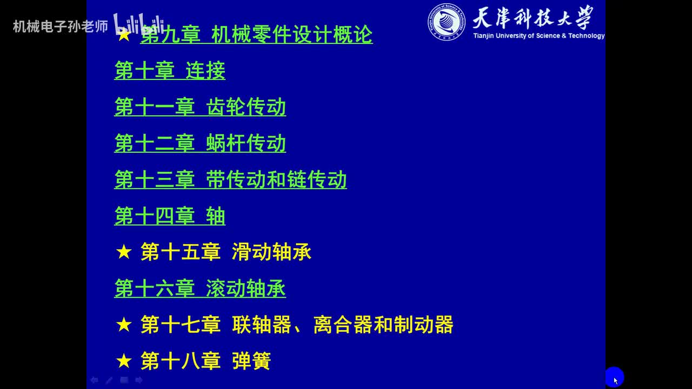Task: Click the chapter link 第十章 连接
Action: point(170,71)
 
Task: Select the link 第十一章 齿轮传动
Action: point(200,107)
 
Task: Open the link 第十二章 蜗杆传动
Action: point(200,143)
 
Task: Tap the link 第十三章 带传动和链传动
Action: point(230,179)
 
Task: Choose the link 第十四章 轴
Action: point(170,216)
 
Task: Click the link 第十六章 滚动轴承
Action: point(200,289)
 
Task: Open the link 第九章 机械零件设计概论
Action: point(256,35)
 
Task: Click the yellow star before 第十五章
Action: point(124,252)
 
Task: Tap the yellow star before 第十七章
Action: point(124,325)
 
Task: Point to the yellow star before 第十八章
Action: point(124,361)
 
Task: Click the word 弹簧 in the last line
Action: point(251,361)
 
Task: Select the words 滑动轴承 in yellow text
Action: point(271,252)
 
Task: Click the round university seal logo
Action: point(447,22)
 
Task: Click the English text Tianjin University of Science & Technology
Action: point(538,36)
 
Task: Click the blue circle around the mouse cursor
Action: point(615,377)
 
